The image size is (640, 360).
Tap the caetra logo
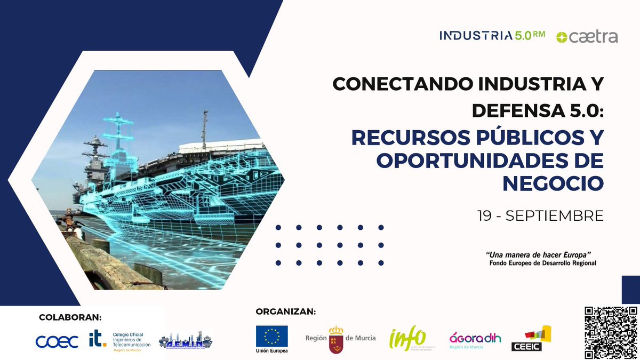pos(587,37)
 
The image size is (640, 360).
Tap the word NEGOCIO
pos(553,183)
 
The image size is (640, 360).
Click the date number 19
pos(485,216)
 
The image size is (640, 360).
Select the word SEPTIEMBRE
pos(554,216)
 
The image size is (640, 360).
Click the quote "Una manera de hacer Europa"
pos(540,254)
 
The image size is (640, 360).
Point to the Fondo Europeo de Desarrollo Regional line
pos(542,263)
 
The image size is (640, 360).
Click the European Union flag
pos(271,336)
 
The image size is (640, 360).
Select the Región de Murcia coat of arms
pos(335,339)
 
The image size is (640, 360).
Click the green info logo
pos(408,338)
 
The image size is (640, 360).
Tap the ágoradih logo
pos(475,338)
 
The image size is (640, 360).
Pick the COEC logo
pos(57,341)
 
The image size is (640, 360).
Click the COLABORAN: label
pos(70,317)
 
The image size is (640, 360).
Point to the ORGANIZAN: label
pos(285,311)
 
